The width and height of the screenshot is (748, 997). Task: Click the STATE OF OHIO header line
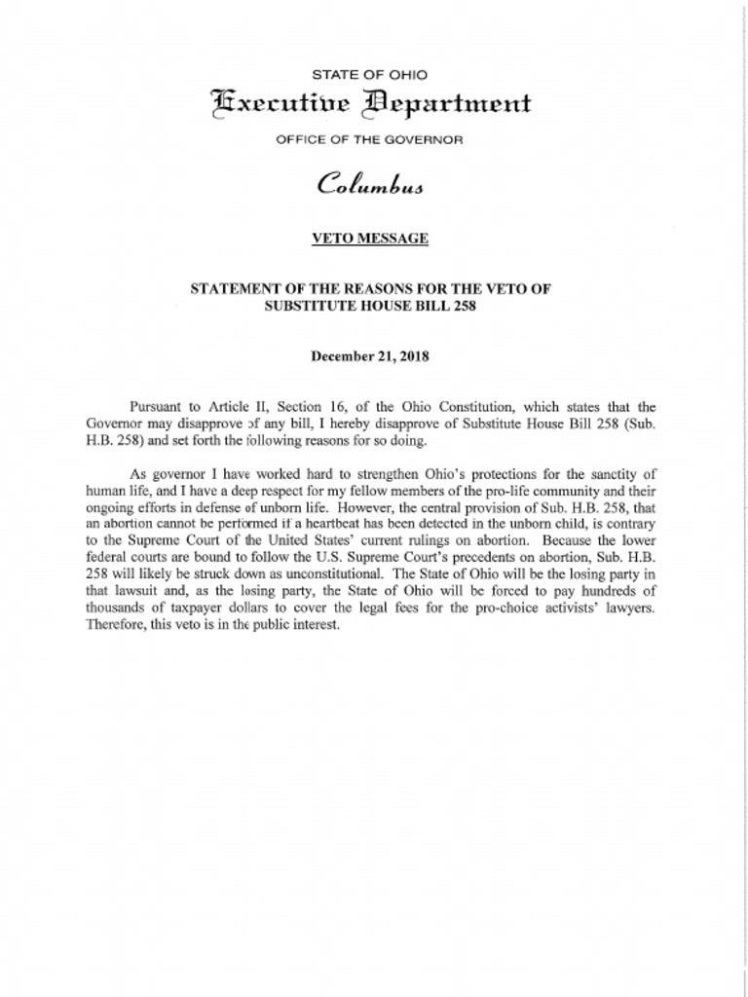[369, 75]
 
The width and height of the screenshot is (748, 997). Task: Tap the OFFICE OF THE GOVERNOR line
[369, 139]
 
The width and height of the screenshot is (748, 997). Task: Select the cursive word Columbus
[369, 184]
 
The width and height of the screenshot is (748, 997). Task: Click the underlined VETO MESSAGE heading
[369, 238]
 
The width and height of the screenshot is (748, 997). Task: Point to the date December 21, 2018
[369, 356]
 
